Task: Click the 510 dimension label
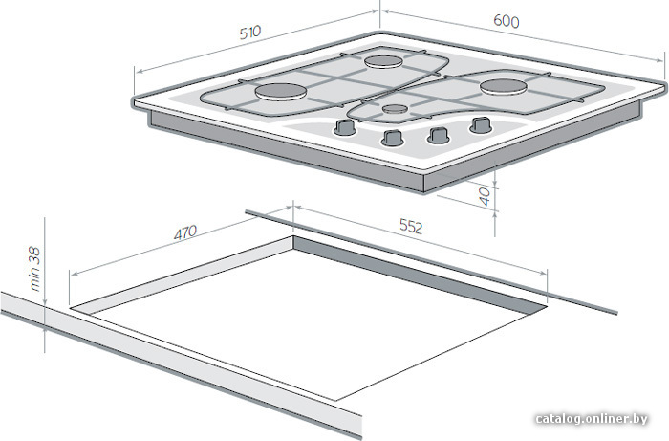click(250, 33)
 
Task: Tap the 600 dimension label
click(507, 21)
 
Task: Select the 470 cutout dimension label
click(185, 232)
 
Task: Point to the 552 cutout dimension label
click(411, 227)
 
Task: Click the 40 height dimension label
click(486, 197)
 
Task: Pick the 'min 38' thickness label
click(34, 269)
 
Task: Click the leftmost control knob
click(344, 127)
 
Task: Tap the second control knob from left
click(393, 138)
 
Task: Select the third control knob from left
click(438, 135)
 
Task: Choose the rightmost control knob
click(481, 125)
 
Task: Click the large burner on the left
click(281, 92)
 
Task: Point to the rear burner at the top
click(383, 61)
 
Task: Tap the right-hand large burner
click(504, 87)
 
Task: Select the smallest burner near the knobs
click(394, 109)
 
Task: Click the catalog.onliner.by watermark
click(592, 419)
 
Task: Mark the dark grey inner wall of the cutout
click(419, 273)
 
